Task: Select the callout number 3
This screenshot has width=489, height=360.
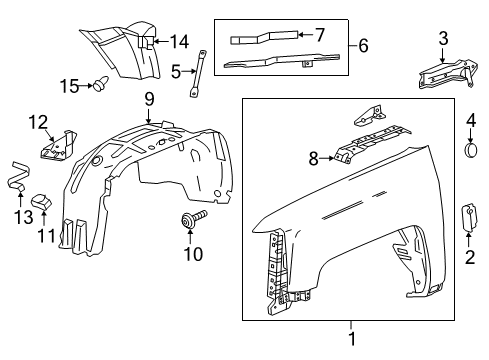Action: (x=443, y=39)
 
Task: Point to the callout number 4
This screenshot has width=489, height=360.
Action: (x=470, y=121)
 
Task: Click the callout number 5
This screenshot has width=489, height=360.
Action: (x=176, y=72)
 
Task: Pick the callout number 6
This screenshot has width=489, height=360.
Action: (x=364, y=46)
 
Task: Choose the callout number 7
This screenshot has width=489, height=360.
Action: (x=319, y=34)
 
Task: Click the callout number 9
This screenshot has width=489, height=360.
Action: (x=148, y=99)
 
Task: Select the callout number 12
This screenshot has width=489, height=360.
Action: (x=37, y=122)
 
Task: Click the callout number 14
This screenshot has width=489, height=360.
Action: (x=179, y=41)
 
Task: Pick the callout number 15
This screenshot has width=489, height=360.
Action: (x=70, y=86)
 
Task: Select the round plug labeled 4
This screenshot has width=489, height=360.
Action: (x=470, y=151)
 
